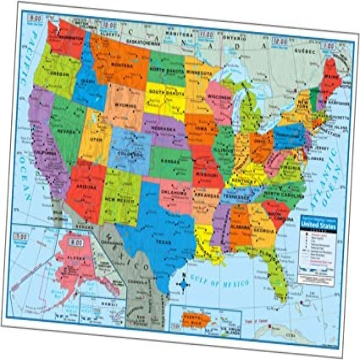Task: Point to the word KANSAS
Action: (x=171, y=161)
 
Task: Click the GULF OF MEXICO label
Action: (x=219, y=283)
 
